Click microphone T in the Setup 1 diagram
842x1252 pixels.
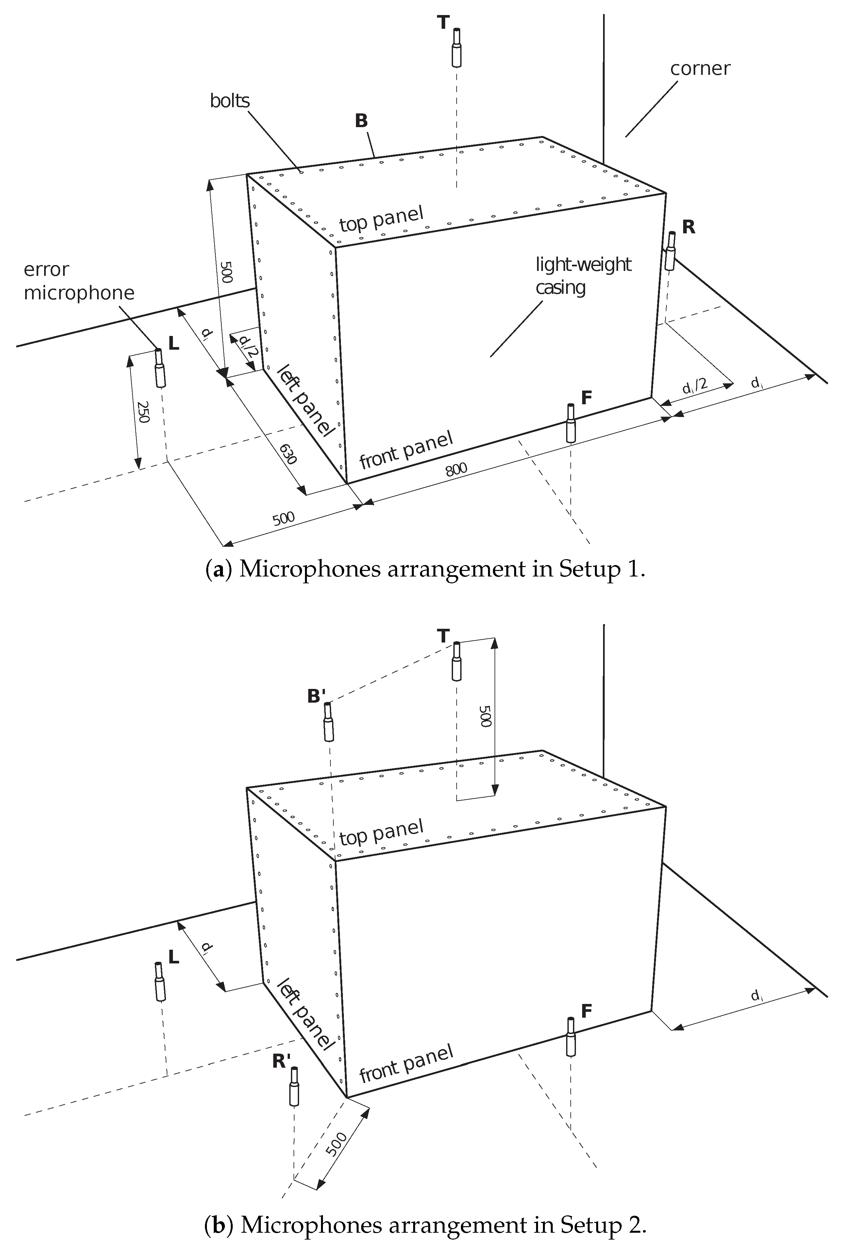point(456,48)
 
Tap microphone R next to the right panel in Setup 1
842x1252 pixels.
point(670,252)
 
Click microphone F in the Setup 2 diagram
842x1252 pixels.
point(571,1037)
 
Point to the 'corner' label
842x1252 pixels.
point(700,69)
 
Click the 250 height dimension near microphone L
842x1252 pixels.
point(142,412)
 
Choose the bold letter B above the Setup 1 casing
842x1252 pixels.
point(362,121)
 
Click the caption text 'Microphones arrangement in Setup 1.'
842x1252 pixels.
point(441,569)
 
